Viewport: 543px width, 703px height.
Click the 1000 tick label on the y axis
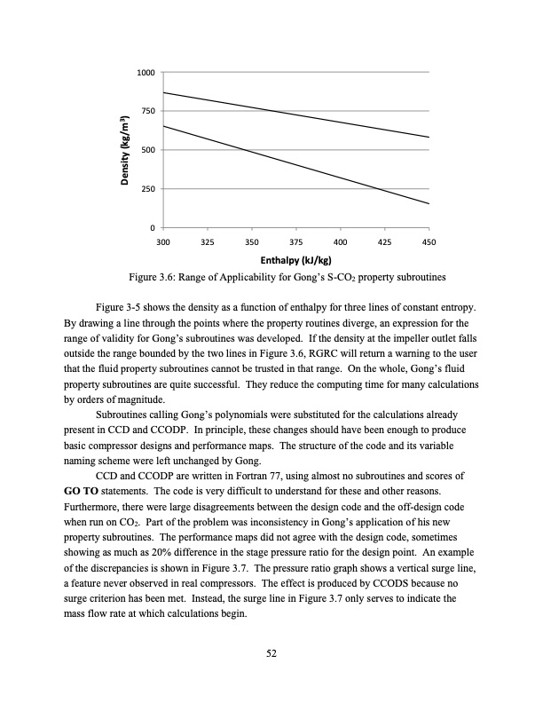[x=146, y=71]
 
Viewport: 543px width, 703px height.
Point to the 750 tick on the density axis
[x=148, y=111]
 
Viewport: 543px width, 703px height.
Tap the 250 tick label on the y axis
[x=148, y=189]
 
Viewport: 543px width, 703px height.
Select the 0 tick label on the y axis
[x=153, y=229]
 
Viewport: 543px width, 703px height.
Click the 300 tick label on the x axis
[x=163, y=241]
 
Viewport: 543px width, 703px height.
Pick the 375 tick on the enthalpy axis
[x=296, y=241]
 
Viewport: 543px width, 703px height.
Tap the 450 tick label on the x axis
[x=429, y=241]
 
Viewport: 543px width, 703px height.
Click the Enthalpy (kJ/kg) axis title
[x=295, y=260]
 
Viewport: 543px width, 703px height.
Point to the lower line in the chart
[x=295, y=164]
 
